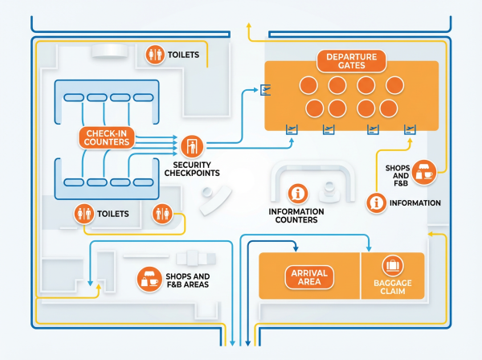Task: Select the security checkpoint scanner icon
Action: (191, 145)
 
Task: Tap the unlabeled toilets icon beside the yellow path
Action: (161, 214)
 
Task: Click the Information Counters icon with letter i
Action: (299, 194)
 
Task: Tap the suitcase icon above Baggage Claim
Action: (392, 264)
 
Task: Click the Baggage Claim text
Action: (392, 287)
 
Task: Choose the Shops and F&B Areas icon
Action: (149, 279)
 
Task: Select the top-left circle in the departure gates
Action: (308, 85)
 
